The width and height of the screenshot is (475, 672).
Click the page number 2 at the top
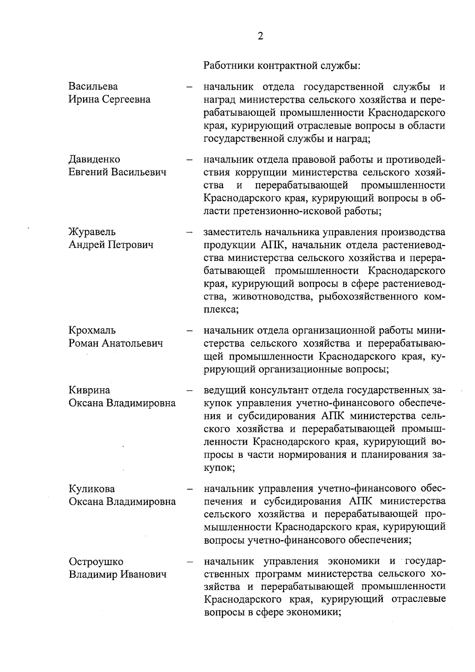coord(260,36)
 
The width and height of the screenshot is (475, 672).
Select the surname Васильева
coord(93,86)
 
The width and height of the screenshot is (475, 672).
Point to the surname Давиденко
coord(94,159)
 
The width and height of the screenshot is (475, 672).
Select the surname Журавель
coord(92,232)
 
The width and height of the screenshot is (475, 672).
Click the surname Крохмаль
coord(92,330)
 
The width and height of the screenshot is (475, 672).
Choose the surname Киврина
coord(89,390)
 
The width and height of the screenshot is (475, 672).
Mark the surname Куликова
coord(92,489)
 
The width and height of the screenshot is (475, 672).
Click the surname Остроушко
coord(96,562)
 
